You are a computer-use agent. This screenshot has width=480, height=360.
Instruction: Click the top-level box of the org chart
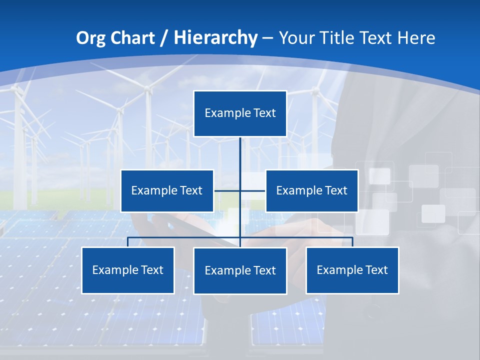(x=240, y=113)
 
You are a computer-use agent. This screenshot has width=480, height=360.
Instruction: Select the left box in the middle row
(x=167, y=190)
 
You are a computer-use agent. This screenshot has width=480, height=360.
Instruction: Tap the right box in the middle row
(x=311, y=190)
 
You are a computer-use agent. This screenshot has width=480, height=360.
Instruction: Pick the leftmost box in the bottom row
(x=128, y=270)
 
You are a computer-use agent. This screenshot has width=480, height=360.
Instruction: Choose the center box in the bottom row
(x=240, y=270)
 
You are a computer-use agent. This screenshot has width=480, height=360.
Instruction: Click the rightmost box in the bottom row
(x=352, y=270)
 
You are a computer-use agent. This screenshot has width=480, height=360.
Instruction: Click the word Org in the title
(x=90, y=38)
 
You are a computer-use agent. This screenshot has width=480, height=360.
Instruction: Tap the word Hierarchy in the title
(x=215, y=38)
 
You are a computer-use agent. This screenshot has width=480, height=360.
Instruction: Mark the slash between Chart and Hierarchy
(x=164, y=38)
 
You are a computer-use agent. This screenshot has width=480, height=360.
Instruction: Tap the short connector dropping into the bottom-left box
(x=128, y=242)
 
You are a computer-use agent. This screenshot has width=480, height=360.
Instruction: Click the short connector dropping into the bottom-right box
(x=352, y=242)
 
